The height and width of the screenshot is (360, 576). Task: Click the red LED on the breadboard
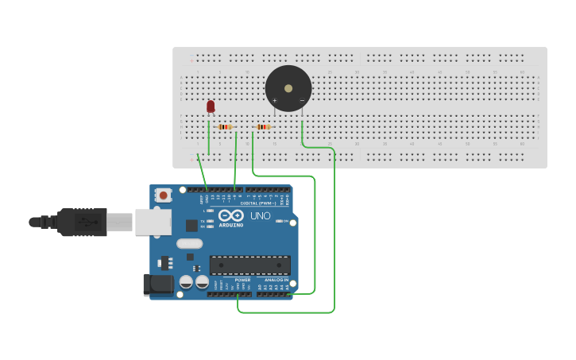pos(211,106)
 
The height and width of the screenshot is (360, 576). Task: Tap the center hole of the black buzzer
pos(288,88)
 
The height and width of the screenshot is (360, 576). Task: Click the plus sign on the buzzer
pos(275,100)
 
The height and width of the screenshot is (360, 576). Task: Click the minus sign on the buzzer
pos(301,100)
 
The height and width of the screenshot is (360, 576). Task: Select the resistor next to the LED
pos(225,127)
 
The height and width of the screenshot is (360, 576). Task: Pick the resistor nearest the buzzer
pos(263,127)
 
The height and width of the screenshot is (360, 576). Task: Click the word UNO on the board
pos(261,215)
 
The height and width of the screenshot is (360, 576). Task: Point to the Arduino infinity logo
pos(231,215)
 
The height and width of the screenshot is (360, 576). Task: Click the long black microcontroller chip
pos(249,265)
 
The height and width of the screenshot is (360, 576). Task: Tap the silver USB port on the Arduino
pos(153,222)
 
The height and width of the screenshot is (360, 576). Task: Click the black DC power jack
pos(157,285)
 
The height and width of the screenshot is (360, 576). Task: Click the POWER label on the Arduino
pos(242,280)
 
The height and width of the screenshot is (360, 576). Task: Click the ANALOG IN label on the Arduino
pos(276,280)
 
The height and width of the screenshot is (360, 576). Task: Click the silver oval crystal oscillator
pos(189,243)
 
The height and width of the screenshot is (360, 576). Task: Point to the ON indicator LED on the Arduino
pos(284,221)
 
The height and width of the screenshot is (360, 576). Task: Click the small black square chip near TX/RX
pos(191,225)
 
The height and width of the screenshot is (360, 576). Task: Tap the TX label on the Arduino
pos(202,221)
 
